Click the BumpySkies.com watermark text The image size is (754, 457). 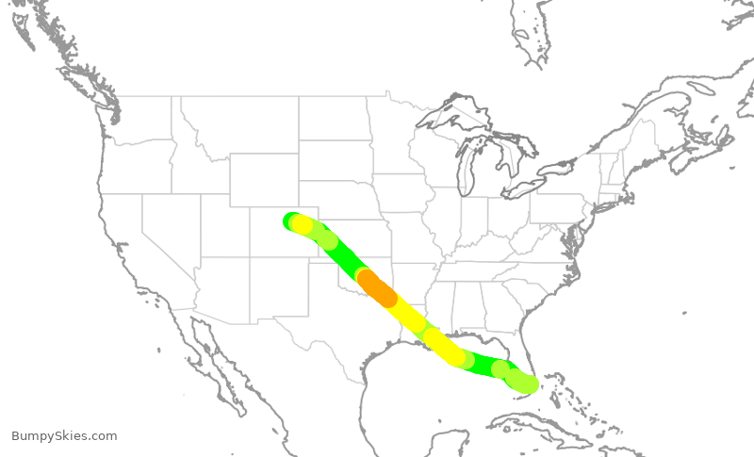coord(64,435)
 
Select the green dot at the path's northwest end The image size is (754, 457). coord(291,220)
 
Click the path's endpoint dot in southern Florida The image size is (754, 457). coord(529,384)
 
